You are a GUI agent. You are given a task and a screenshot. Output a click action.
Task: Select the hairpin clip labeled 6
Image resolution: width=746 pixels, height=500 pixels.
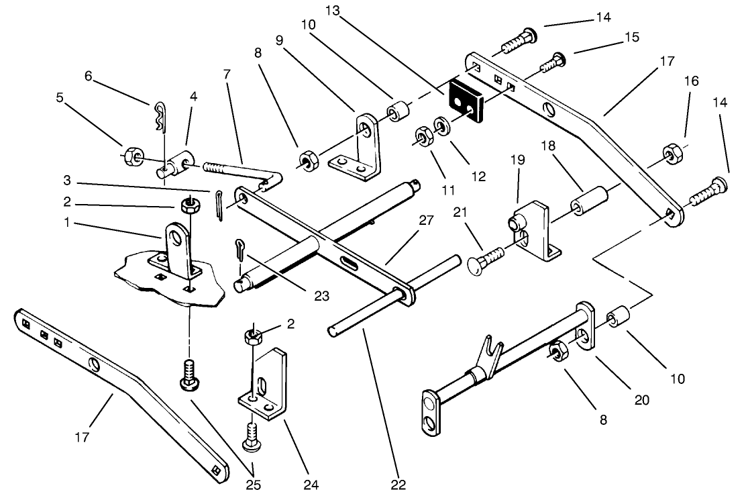click(159, 115)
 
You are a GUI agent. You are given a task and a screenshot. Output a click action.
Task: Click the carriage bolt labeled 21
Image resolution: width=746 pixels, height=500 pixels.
click(486, 258)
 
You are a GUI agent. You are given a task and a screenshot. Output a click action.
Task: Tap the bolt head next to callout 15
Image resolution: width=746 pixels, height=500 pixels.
click(559, 60)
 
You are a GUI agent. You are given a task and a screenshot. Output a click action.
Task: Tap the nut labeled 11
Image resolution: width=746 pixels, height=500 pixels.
click(423, 137)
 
